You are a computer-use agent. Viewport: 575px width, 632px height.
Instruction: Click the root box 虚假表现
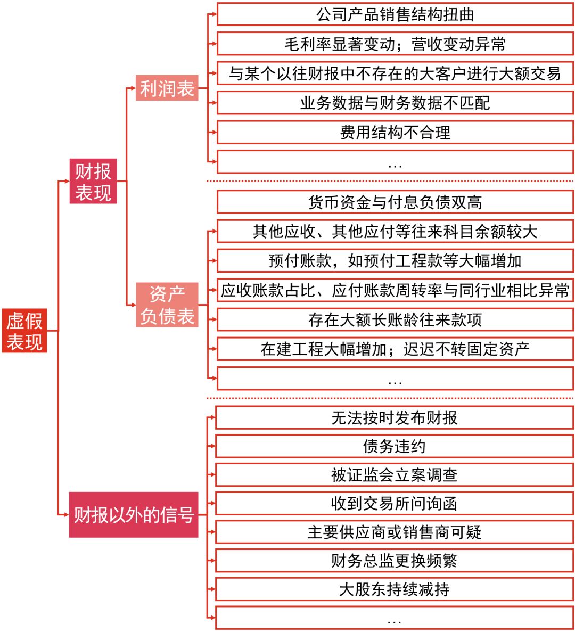(x=24, y=331)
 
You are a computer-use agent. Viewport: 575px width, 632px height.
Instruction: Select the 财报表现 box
(x=93, y=181)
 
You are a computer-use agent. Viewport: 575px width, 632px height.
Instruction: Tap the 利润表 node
(x=167, y=88)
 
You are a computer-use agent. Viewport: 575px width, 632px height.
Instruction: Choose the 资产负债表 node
(x=167, y=305)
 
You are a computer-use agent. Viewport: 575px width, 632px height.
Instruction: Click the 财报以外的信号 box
(x=134, y=515)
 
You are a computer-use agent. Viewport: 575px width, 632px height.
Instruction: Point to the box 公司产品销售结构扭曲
(x=395, y=14)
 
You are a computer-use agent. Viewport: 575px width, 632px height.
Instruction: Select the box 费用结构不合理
(x=395, y=132)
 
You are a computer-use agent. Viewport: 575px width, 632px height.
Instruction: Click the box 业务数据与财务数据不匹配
(x=395, y=103)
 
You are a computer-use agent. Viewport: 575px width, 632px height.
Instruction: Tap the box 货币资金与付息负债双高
(x=395, y=202)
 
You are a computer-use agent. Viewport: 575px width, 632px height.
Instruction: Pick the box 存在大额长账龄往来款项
(x=395, y=319)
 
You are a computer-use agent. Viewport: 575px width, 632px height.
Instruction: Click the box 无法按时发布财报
(x=395, y=418)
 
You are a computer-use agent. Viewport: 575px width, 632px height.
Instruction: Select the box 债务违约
(x=395, y=446)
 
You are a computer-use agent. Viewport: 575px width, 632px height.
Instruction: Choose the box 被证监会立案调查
(x=395, y=475)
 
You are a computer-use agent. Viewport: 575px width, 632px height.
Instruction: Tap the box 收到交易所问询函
(x=395, y=504)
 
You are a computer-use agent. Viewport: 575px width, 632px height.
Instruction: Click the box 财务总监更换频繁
(x=395, y=561)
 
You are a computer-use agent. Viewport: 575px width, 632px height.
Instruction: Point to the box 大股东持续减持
(x=395, y=589)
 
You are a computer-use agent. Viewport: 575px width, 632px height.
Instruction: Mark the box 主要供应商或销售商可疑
(x=395, y=532)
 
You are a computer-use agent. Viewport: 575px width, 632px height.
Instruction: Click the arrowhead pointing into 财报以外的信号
(x=66, y=515)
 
